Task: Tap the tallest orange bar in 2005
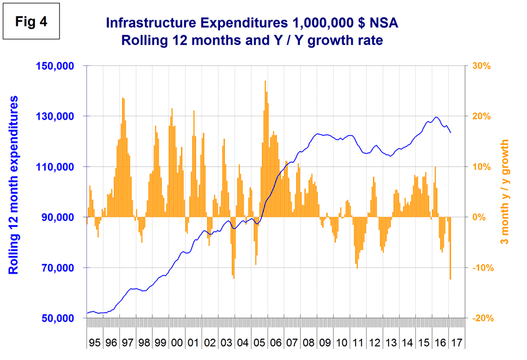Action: pyautogui.click(x=265, y=81)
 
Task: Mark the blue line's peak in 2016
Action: pyautogui.click(x=436, y=117)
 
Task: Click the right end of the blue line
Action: pyautogui.click(x=451, y=133)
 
